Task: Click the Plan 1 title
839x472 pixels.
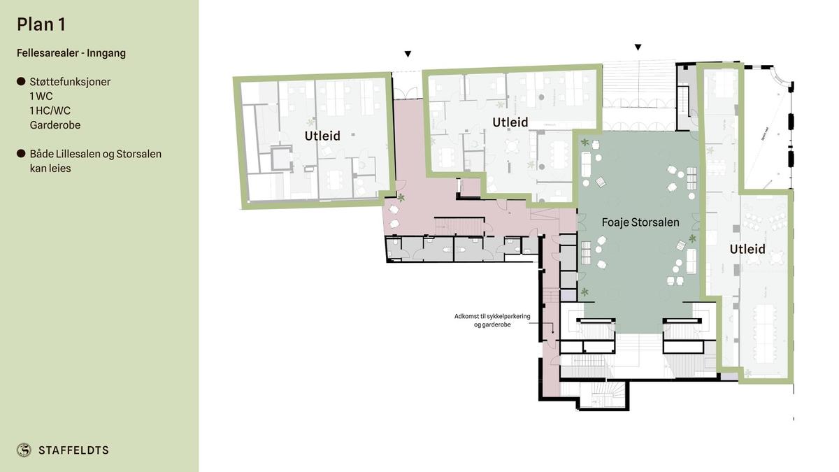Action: coord(41,24)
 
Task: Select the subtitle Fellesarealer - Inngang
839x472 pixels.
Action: coord(71,53)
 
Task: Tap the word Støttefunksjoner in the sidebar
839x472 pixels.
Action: coord(70,82)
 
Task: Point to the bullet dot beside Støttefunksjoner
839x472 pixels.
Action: coord(21,82)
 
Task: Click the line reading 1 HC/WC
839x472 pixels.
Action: coord(50,110)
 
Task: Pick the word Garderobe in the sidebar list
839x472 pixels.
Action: coord(55,125)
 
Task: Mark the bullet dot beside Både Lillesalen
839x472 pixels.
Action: coord(21,154)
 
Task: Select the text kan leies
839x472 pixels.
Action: coord(50,169)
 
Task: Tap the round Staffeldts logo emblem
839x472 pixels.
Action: coord(24,450)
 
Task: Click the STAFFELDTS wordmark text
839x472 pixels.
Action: coord(73,450)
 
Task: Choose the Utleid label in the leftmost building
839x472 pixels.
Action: coord(322,136)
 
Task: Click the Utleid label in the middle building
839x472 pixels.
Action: coord(510,122)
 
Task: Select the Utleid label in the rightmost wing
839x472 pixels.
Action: coord(747,249)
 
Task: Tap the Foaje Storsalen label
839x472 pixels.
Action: coord(640,222)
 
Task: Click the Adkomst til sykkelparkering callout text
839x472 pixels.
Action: coord(492,320)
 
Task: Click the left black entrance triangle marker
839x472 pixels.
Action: coord(408,54)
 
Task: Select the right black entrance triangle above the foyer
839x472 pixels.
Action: coord(638,48)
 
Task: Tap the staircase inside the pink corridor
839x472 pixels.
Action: coord(459,227)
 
